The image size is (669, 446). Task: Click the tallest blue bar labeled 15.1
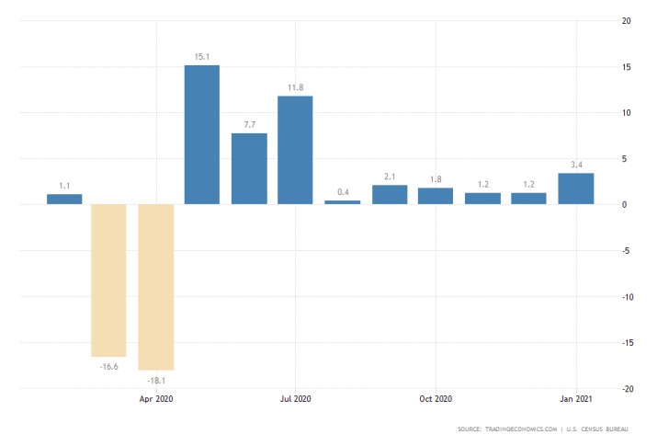click(202, 134)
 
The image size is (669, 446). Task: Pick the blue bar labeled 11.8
click(295, 150)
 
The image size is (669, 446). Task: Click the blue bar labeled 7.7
click(249, 168)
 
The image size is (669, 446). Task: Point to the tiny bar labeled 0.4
click(342, 201)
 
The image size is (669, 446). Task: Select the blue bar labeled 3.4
click(576, 189)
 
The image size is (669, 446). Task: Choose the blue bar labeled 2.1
click(389, 194)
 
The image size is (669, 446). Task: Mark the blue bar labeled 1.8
click(436, 196)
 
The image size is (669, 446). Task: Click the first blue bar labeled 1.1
click(64, 199)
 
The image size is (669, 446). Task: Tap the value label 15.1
click(202, 57)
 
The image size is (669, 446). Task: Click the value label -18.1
click(155, 378)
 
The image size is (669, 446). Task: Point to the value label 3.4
click(576, 165)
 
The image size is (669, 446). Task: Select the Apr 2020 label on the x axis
click(155, 399)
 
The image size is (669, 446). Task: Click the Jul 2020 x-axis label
click(295, 399)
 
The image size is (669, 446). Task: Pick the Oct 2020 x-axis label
click(436, 399)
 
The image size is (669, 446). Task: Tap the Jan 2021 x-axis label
click(576, 399)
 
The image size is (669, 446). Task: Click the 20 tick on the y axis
click(625, 21)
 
